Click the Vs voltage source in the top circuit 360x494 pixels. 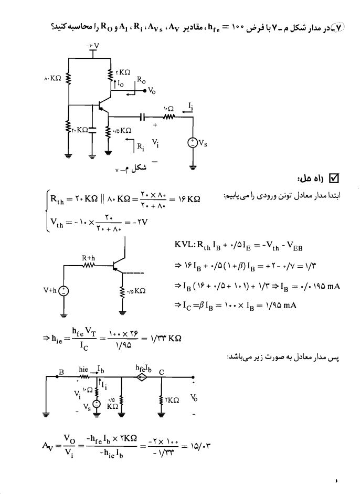192,143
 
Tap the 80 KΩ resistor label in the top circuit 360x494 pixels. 52,78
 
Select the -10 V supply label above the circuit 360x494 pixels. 92,46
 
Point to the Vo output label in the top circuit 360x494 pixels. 152,91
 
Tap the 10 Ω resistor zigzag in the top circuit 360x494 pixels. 168,117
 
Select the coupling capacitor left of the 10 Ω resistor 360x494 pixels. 142,117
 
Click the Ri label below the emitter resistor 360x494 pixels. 141,147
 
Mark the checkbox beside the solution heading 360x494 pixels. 334,178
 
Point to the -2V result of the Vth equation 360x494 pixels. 140,222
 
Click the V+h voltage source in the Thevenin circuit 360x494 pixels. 64,291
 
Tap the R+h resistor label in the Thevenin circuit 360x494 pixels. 89,258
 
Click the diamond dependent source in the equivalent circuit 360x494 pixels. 142,377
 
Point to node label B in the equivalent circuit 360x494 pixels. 61,372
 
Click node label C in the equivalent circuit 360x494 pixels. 161,372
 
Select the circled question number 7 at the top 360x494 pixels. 339,28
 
